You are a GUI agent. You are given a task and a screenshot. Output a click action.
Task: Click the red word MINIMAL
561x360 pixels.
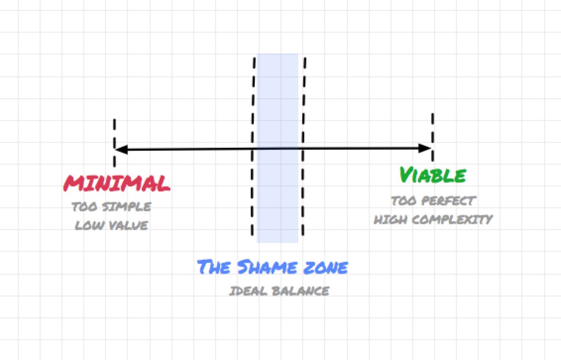(117, 183)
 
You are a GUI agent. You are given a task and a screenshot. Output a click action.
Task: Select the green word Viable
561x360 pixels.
(433, 175)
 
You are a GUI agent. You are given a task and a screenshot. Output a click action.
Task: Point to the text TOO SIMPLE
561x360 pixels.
(111, 207)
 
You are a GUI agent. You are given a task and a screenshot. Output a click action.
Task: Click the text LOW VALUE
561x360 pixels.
(111, 226)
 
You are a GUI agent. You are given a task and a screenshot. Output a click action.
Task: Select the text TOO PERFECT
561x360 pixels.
(433, 201)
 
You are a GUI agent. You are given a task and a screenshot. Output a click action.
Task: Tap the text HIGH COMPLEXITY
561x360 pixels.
(433, 219)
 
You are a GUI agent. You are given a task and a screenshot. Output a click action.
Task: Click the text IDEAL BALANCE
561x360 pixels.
(279, 291)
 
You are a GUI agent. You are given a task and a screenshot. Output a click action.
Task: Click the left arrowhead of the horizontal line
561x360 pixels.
(120, 148)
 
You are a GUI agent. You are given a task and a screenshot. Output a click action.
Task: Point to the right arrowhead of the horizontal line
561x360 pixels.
(426, 148)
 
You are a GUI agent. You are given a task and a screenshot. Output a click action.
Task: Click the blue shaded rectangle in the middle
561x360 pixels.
(278, 198)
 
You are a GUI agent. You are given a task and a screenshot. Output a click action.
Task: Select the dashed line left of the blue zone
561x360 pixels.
(253, 99)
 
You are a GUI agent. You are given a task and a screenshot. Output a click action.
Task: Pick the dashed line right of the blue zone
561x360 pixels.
(303, 99)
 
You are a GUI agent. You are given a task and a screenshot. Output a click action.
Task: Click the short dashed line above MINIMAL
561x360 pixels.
(114, 131)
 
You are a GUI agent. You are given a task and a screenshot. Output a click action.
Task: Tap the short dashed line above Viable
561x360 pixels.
(433, 126)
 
